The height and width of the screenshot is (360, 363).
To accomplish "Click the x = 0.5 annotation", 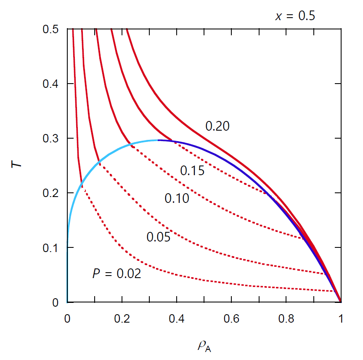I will (x=295, y=16).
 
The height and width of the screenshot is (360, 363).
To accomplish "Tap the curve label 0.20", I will (x=217, y=126).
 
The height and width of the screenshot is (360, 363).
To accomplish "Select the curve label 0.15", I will (x=192, y=171).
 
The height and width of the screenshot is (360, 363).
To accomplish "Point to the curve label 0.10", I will (x=177, y=198).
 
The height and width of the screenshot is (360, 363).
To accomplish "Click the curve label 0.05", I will (x=158, y=237).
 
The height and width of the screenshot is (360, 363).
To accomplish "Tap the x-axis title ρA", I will (x=204, y=346).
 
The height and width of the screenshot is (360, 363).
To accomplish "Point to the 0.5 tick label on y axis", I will (x=51, y=29).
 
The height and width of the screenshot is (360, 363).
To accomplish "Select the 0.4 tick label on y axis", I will (x=51, y=84).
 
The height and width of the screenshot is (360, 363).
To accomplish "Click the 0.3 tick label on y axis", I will (x=51, y=139).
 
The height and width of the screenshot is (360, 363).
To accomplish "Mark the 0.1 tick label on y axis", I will (x=51, y=248).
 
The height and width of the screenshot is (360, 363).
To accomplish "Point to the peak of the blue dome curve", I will (x=158, y=140).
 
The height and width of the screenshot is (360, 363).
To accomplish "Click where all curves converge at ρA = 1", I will (x=340, y=302).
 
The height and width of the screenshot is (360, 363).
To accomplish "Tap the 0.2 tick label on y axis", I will (x=51, y=193).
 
